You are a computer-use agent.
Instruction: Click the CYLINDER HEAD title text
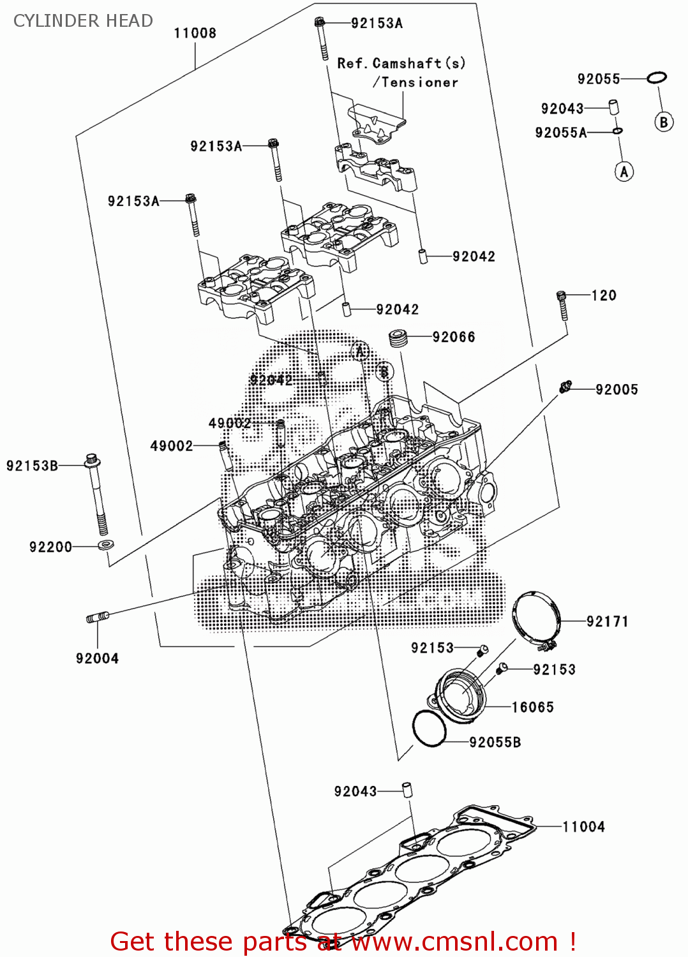83,21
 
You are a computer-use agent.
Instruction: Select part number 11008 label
195,33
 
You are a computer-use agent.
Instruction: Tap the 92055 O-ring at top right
656,78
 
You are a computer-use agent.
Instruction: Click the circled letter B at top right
664,122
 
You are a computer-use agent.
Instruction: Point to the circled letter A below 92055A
624,172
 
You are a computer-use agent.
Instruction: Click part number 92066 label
453,337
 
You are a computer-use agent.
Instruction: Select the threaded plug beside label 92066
399,338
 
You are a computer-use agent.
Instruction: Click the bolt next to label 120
562,304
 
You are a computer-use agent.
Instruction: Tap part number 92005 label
617,390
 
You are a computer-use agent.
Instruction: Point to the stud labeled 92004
98,617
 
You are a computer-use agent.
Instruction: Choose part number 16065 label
532,707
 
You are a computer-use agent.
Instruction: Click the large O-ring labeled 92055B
429,728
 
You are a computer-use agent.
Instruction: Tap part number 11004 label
583,827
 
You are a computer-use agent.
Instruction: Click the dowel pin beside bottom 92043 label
407,789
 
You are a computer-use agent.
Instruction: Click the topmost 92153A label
377,24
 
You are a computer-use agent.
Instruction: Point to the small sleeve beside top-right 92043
613,107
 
